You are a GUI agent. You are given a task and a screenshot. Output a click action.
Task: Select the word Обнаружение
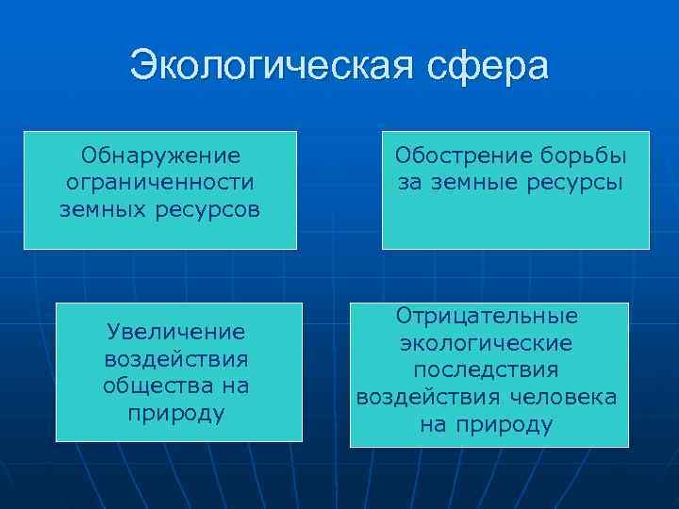(x=160, y=155)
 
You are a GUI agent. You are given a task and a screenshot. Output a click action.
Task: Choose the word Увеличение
(x=176, y=332)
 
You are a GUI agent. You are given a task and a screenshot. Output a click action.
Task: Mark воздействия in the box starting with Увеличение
(x=176, y=359)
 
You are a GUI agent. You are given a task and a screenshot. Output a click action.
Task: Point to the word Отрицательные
(x=487, y=316)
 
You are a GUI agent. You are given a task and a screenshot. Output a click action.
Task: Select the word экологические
(x=487, y=343)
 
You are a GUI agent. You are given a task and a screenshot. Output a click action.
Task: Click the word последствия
(x=487, y=370)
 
